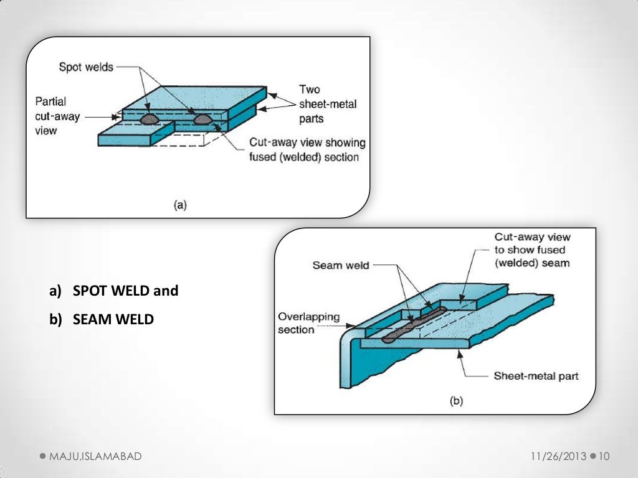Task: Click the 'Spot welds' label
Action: pos(86,67)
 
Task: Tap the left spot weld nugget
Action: pos(150,119)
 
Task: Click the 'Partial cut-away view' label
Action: pos(50,116)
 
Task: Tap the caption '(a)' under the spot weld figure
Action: pos(179,205)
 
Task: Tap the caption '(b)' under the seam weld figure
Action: pos(457,401)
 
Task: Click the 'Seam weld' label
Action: pos(341,266)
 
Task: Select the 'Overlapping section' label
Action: pos(309,323)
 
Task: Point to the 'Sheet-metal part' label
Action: pos(536,376)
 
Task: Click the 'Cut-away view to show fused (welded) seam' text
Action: pos(532,250)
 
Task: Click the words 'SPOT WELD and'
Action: pos(125,291)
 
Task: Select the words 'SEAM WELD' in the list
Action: pos(113,319)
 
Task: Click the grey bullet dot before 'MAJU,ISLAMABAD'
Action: pos(42,457)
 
